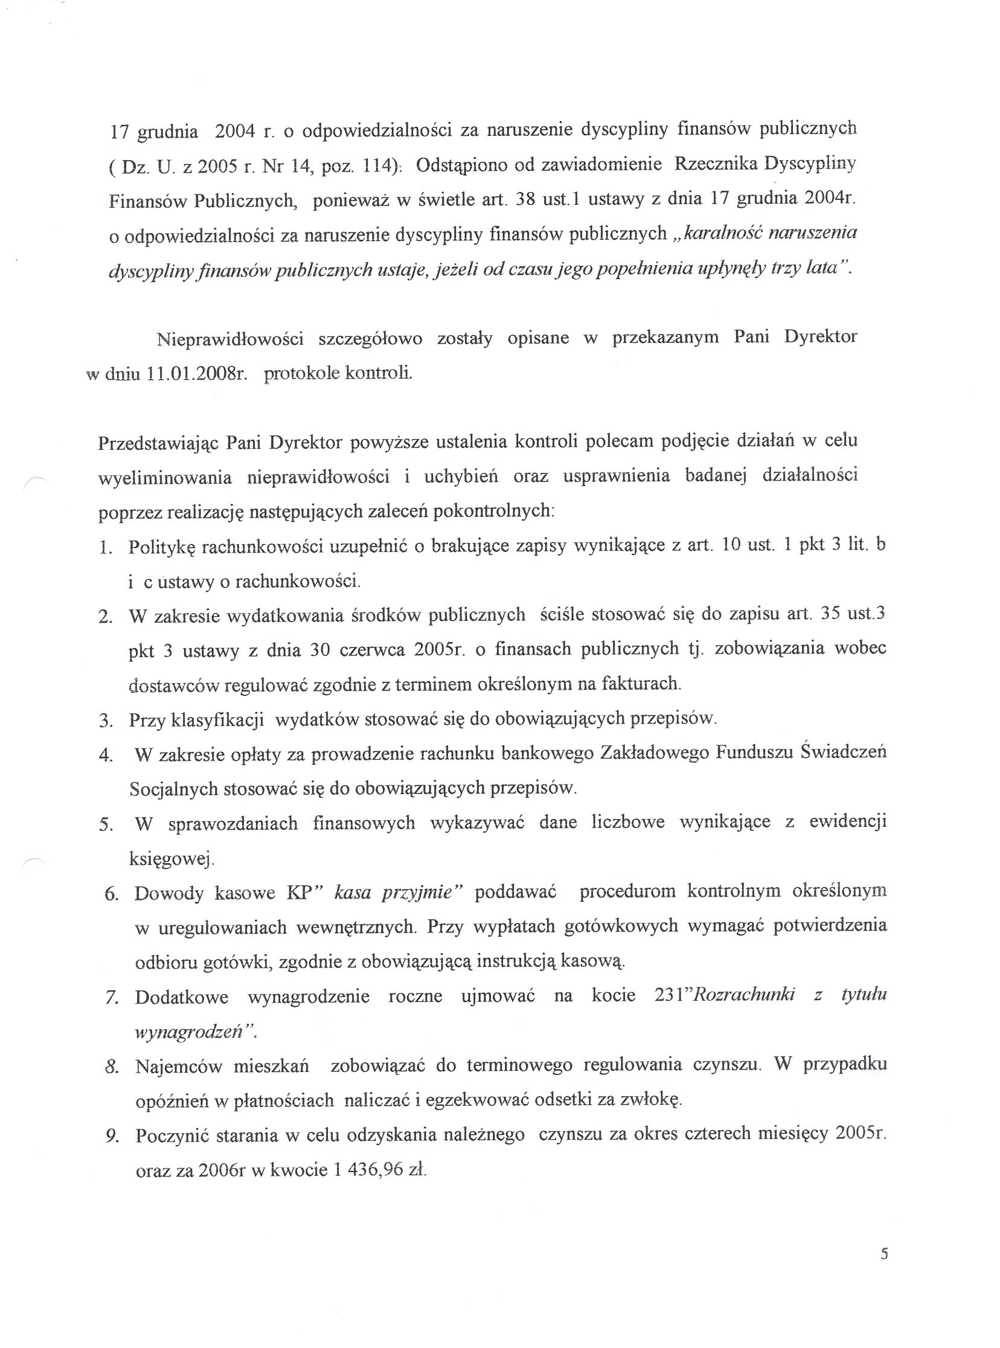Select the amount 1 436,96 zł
[379, 1169]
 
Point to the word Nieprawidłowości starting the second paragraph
[229, 339]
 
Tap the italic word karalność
[720, 234]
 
